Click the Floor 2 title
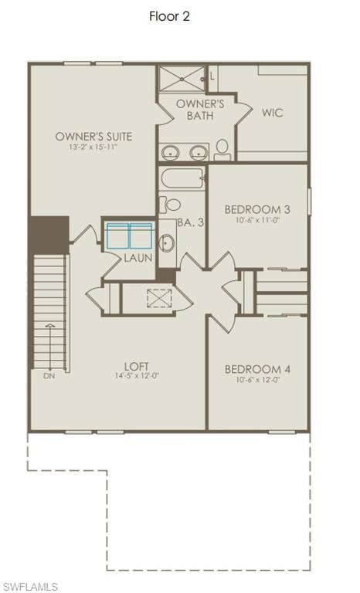tap(169, 16)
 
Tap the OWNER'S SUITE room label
tap(93, 137)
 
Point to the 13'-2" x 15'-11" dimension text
tap(93, 147)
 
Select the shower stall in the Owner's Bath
tap(182, 78)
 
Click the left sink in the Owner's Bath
tap(170, 151)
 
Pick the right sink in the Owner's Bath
tap(198, 151)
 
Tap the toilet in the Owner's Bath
tap(222, 148)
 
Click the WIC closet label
tap(272, 113)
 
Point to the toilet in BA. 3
tap(171, 205)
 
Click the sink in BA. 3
tap(167, 242)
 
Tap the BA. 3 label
tap(189, 222)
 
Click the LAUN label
tap(138, 257)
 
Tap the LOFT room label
tap(137, 366)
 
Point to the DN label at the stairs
tap(49, 376)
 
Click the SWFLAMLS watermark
tap(31, 585)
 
